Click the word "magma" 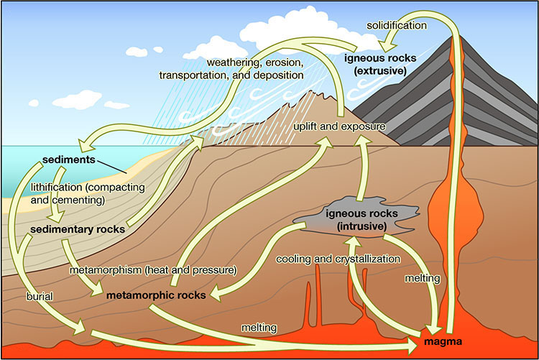point(443,341)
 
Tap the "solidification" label point(397,25)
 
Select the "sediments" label point(69,160)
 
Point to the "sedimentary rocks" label point(78,229)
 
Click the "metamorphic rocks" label point(156,295)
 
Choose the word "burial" point(40,296)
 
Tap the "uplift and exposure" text point(339,126)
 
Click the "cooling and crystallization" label point(338,259)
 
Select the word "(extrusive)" point(380,71)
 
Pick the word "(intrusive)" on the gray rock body point(361,226)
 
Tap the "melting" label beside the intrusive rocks point(423,278)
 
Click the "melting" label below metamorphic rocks point(259,328)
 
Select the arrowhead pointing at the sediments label point(86,144)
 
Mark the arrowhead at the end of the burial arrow point(79,327)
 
